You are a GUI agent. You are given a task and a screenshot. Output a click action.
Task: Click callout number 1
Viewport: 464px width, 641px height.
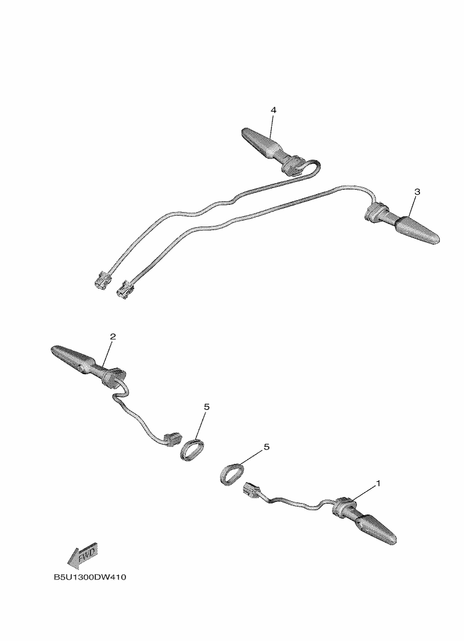pyautogui.click(x=378, y=483)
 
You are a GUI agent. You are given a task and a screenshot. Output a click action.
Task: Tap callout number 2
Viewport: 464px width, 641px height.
pyautogui.click(x=113, y=336)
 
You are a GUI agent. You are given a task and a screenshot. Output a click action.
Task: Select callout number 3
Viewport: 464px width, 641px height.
pyautogui.click(x=417, y=192)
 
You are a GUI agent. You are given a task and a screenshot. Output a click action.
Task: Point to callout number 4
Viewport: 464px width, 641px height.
pyautogui.click(x=274, y=110)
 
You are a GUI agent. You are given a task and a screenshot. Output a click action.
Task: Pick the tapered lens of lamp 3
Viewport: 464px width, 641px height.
pyautogui.click(x=416, y=230)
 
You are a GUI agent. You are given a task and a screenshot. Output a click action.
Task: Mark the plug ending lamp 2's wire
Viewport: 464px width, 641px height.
pyautogui.click(x=172, y=439)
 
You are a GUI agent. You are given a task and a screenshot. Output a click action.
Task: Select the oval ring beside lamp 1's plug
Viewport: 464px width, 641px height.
pyautogui.click(x=232, y=473)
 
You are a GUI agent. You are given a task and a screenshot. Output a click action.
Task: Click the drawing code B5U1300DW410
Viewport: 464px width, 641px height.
pyautogui.click(x=90, y=577)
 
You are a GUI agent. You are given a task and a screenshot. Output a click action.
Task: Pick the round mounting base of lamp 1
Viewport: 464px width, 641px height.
pyautogui.click(x=342, y=505)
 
